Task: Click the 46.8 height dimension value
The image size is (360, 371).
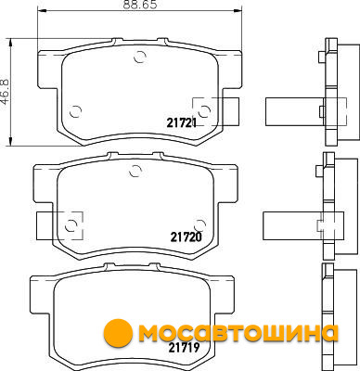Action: click(x=6, y=92)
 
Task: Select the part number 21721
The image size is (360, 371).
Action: click(x=182, y=123)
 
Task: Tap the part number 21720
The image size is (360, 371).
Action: click(x=186, y=237)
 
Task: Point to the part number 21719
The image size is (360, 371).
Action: click(x=184, y=348)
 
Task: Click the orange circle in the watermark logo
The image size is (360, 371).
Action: click(x=118, y=333)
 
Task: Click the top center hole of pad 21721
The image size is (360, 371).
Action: click(x=140, y=57)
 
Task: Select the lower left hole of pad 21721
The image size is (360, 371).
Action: click(x=75, y=111)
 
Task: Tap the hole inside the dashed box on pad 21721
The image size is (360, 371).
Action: click(x=204, y=111)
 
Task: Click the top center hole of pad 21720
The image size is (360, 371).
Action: click(x=135, y=171)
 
